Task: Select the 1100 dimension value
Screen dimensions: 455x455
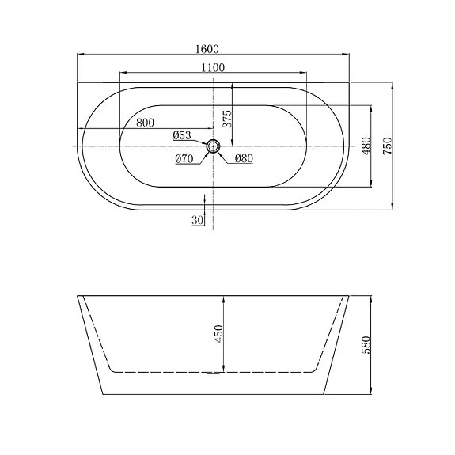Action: [212, 67]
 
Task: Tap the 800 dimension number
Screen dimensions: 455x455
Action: [145, 122]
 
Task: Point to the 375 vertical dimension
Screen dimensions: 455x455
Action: [226, 119]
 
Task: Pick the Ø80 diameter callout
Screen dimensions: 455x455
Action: [243, 158]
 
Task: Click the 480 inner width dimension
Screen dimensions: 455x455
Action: [366, 147]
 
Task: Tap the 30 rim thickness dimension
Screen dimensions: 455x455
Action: [196, 220]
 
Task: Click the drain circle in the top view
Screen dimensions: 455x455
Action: [213, 147]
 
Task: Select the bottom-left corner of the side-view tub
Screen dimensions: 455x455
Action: [101, 394]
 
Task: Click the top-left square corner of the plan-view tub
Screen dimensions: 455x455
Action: [77, 80]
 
